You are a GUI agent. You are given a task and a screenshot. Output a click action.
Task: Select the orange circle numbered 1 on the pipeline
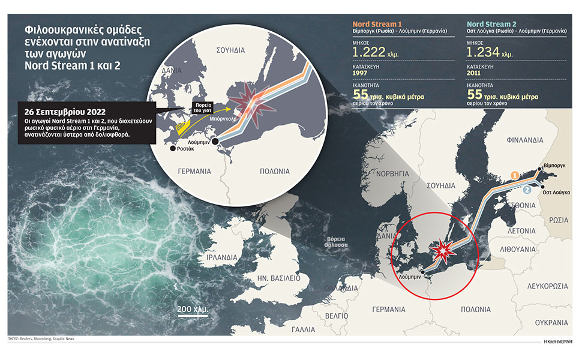[x=514, y=175]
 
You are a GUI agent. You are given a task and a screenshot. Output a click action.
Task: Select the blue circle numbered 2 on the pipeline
[x=526, y=190]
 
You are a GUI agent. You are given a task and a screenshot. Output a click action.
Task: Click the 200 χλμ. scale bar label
[x=193, y=309]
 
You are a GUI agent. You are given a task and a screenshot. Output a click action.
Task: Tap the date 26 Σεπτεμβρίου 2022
[x=59, y=112]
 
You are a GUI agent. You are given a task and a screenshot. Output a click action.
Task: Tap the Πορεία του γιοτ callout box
[x=200, y=107]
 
